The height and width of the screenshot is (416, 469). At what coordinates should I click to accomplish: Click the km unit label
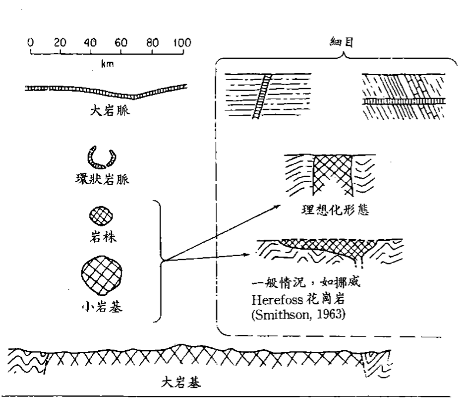pos(106,65)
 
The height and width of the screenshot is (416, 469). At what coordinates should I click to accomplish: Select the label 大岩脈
pos(106,108)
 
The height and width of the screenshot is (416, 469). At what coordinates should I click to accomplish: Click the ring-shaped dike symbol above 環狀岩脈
pos(101,156)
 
